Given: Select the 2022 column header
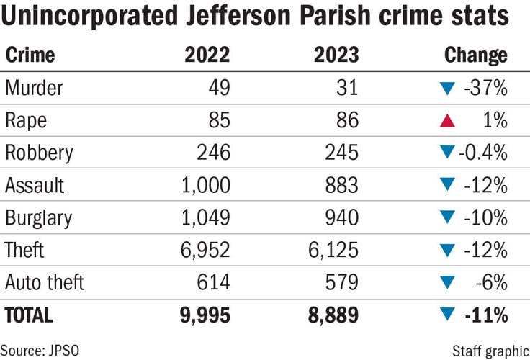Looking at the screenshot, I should coord(207,55).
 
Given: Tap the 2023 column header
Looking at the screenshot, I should coord(335,55).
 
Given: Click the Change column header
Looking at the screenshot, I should coord(475,55).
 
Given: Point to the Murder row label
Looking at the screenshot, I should coord(34,88).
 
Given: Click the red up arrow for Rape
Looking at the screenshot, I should coord(447,121).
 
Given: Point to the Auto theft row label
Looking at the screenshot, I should coord(45,282).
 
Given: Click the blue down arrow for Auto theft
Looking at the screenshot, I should coord(447,283).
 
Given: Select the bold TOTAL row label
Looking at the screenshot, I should coord(30,315).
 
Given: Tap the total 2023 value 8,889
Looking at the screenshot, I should coord(328,315).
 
